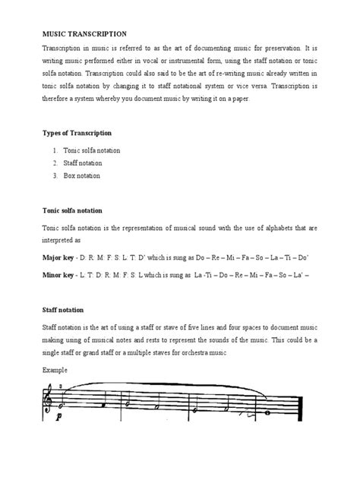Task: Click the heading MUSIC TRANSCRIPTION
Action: (83, 34)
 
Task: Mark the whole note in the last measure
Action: (267, 413)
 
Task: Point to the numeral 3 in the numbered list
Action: (56, 175)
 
